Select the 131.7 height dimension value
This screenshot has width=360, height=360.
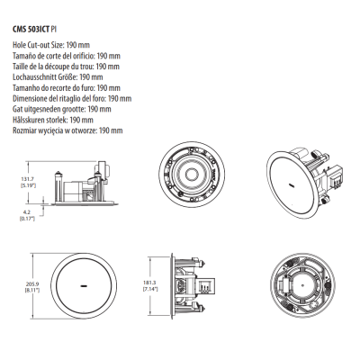[27, 179]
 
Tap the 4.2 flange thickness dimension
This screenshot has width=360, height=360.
[27, 212]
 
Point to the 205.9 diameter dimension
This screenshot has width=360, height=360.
[32, 283]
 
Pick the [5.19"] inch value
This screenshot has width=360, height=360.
[28, 185]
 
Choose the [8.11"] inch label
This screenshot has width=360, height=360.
[32, 290]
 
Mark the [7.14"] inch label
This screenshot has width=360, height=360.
[150, 289]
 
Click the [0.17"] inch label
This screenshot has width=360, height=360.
[27, 219]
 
